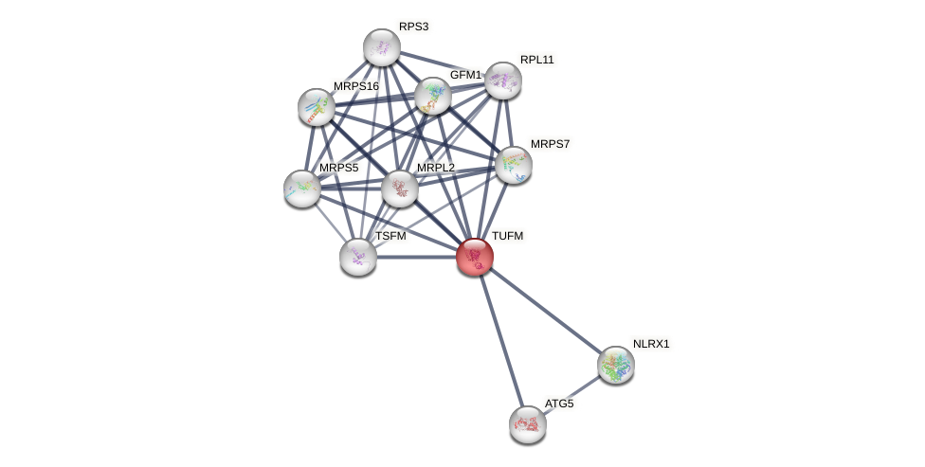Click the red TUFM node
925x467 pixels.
tap(475, 257)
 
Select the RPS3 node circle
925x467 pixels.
tap(382, 47)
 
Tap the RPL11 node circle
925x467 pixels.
tap(503, 81)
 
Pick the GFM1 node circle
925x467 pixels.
tap(433, 96)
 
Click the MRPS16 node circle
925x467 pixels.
tap(317, 107)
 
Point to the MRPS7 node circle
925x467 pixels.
tap(514, 165)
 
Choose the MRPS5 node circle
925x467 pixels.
tap(302, 189)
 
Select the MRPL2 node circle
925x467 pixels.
tap(400, 189)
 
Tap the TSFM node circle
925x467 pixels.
tap(358, 257)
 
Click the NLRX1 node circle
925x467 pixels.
tap(616, 365)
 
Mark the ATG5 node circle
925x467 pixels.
tap(528, 424)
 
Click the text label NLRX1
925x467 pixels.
tap(651, 344)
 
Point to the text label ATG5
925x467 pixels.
tap(559, 404)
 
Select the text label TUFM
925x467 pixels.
tap(507, 236)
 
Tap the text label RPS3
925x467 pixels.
tap(413, 27)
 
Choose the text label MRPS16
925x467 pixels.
tap(355, 86)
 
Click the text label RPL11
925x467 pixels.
tap(536, 60)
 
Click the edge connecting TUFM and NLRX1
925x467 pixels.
tap(545, 311)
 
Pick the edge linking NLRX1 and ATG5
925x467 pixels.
tap(571, 395)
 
